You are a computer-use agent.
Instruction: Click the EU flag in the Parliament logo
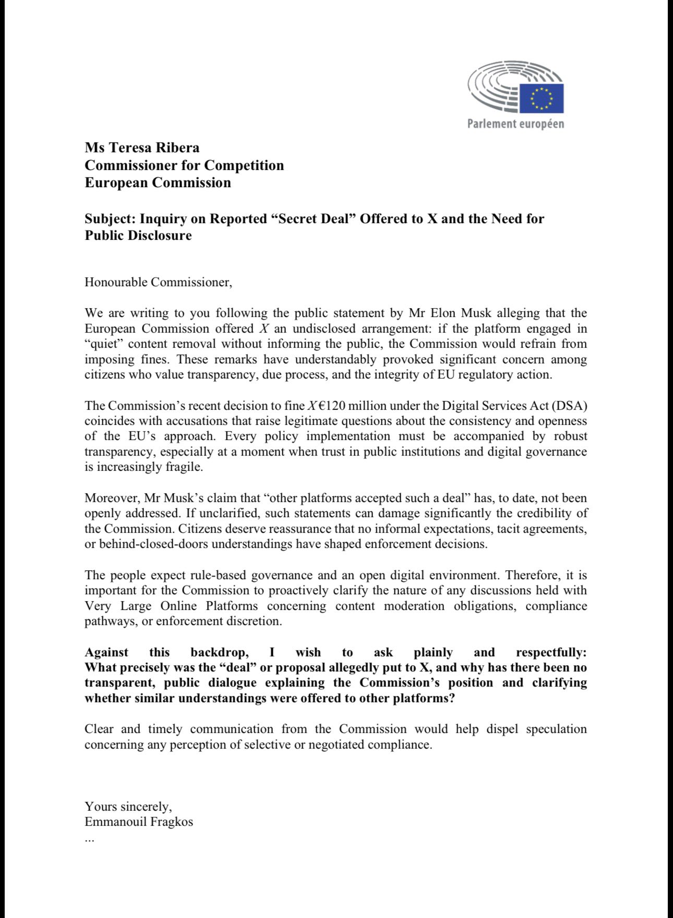coord(541,98)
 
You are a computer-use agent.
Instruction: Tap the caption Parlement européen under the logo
coord(515,124)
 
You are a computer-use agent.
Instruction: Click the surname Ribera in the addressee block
coord(177,148)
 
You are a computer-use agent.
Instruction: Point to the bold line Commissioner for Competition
coord(184,165)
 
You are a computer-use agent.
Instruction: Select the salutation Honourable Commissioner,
coord(158,282)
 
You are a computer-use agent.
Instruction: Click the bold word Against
coord(106,652)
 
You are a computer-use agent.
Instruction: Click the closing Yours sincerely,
coord(128,806)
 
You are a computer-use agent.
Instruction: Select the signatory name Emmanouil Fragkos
coord(139,822)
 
